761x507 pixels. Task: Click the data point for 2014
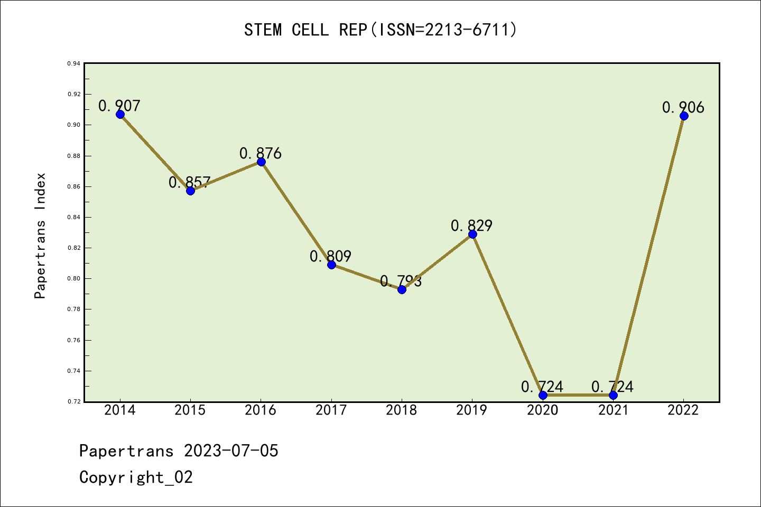coord(120,114)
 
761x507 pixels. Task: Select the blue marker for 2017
coord(331,265)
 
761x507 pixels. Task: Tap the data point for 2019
coord(472,234)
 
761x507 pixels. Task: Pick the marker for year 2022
coord(684,116)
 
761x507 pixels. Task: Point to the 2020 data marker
coord(543,395)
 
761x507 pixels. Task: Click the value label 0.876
coord(261,153)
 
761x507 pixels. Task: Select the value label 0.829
coord(471,226)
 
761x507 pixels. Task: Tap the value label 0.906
coord(683,107)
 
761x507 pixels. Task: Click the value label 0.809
coord(330,256)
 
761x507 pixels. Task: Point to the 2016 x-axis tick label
coord(261,410)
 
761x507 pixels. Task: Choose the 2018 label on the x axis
coord(402,410)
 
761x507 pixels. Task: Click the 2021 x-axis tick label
coord(613,410)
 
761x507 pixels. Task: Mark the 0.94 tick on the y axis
coord(73,63)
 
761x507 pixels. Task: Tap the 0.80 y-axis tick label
coord(73,278)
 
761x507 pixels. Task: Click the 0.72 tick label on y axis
coord(73,401)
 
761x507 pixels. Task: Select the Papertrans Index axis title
coord(40,236)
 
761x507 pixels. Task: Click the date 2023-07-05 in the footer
coord(231,451)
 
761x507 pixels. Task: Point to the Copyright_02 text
coord(136,477)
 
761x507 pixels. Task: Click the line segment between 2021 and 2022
coord(648,256)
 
